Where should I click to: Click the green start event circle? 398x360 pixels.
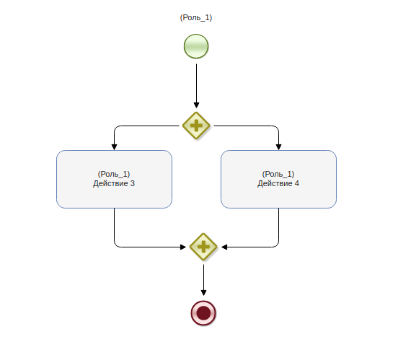pyautogui.click(x=196, y=46)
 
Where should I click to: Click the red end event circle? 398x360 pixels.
pyautogui.click(x=203, y=313)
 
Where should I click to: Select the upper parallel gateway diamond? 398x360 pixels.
pyautogui.click(x=196, y=126)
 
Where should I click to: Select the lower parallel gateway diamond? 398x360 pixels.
pyautogui.click(x=203, y=247)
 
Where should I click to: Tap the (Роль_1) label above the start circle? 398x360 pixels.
pyautogui.click(x=196, y=18)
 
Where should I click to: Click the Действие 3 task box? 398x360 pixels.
pyautogui.click(x=114, y=179)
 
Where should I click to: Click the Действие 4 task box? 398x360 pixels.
pyautogui.click(x=279, y=179)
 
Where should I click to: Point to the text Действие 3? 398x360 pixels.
pyautogui.click(x=114, y=183)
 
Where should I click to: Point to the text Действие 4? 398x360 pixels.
pyautogui.click(x=278, y=183)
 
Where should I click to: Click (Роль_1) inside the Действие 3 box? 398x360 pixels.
pyautogui.click(x=114, y=175)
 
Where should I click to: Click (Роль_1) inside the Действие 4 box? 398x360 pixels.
pyautogui.click(x=278, y=175)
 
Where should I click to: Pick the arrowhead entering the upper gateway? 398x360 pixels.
pyautogui.click(x=196, y=105)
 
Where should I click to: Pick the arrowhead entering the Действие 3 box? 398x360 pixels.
pyautogui.click(x=114, y=147)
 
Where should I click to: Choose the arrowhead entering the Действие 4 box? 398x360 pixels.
pyautogui.click(x=279, y=147)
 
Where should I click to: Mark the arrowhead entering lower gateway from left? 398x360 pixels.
pyautogui.click(x=183, y=247)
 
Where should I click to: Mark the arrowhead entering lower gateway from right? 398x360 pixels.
pyautogui.click(x=224, y=247)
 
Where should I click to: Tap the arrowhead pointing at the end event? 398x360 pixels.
pyautogui.click(x=203, y=293)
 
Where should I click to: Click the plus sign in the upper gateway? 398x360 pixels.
pyautogui.click(x=196, y=126)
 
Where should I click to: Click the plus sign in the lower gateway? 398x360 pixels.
pyautogui.click(x=203, y=247)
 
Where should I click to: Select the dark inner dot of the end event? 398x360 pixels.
pyautogui.click(x=203, y=313)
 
